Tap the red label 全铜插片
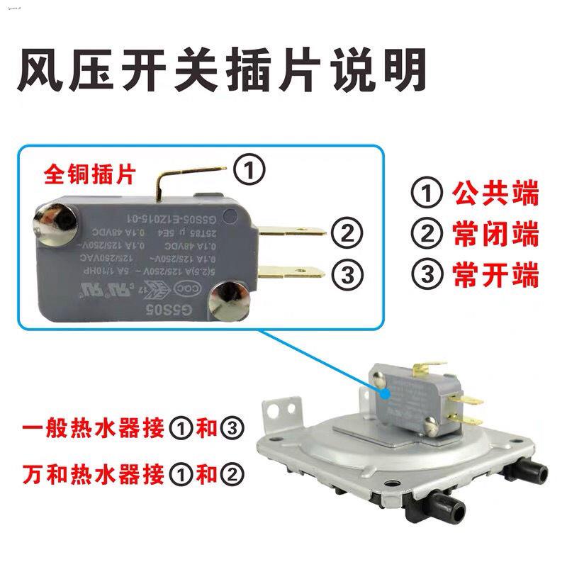tap(88, 172)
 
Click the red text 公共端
tap(505, 193)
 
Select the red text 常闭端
tap(505, 234)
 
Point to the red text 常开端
tap(505, 275)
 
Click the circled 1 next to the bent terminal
tap(249, 169)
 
